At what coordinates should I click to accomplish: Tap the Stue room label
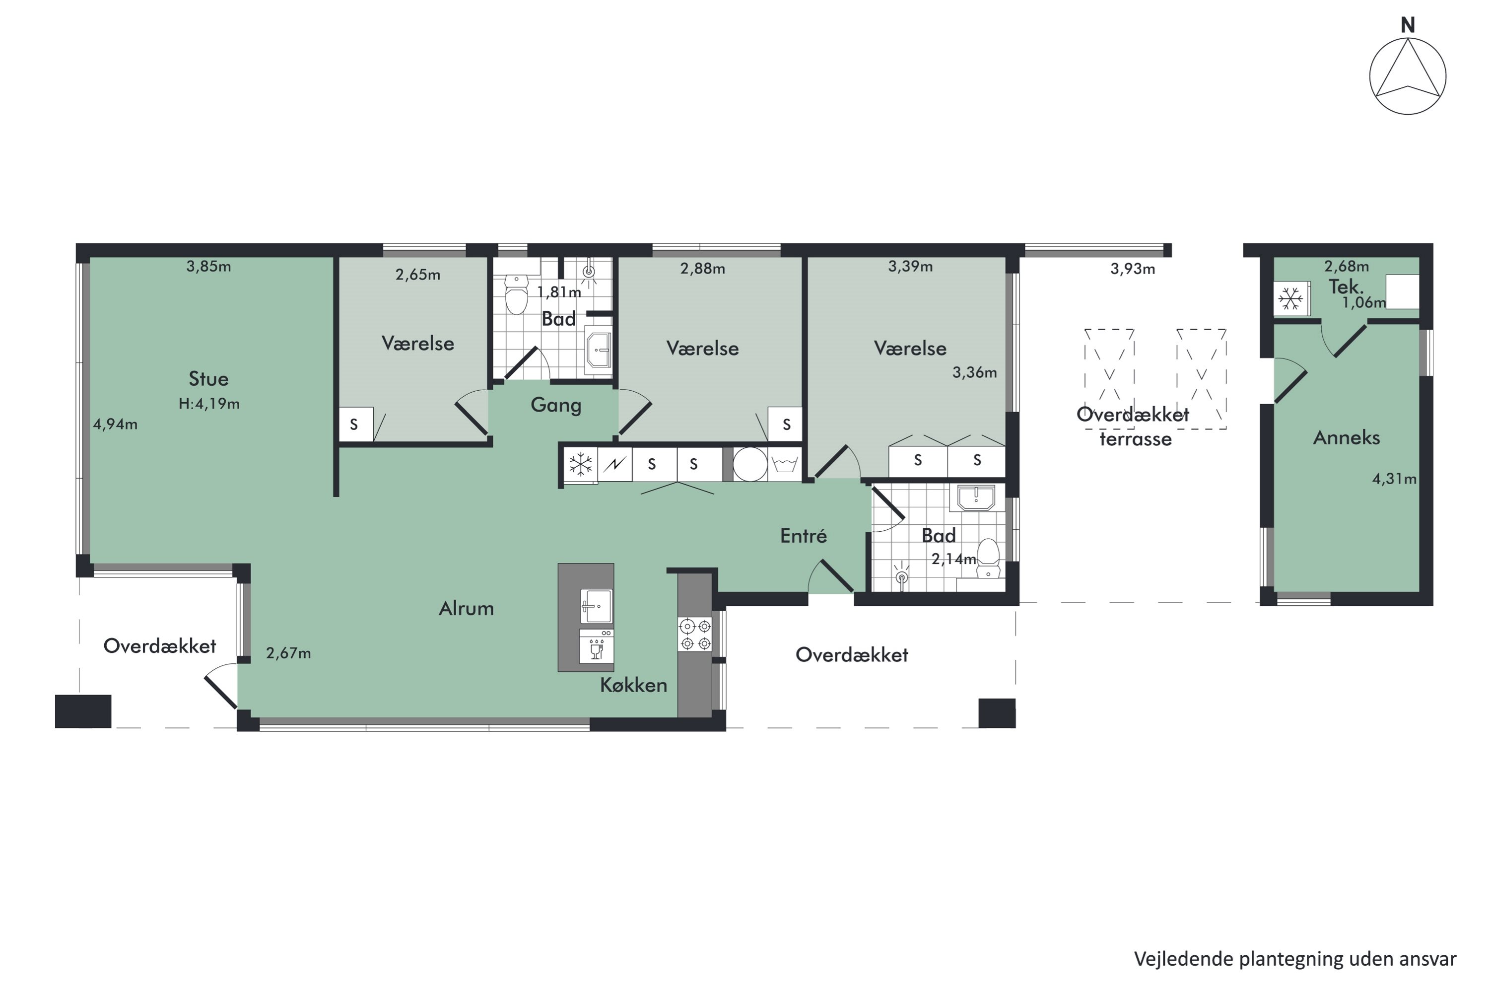[208, 379]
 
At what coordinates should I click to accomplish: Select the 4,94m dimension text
[115, 425]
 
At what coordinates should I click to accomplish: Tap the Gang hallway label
[555, 405]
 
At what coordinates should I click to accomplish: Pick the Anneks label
[1346, 437]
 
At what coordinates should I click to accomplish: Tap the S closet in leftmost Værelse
[354, 425]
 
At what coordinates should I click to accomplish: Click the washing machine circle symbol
[750, 464]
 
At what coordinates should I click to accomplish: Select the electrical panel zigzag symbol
[614, 465]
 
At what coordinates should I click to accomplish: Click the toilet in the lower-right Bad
[988, 557]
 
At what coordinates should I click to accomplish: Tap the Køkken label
[633, 685]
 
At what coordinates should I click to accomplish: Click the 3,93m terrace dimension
[1132, 269]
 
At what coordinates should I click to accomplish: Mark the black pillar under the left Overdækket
[83, 711]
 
